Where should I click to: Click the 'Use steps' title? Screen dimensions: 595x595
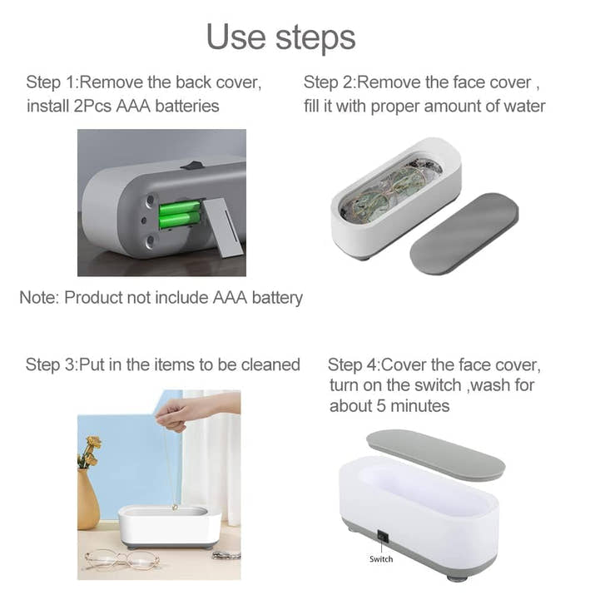(x=280, y=37)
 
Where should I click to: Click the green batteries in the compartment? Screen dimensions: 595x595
(x=180, y=214)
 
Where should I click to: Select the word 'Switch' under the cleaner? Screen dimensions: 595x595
(x=381, y=559)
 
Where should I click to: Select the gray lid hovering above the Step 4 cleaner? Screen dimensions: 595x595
(x=434, y=453)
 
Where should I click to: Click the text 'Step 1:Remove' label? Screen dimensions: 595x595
(x=80, y=82)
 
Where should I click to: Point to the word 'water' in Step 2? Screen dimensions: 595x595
(x=522, y=106)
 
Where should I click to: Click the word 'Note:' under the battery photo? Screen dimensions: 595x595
(x=39, y=297)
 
